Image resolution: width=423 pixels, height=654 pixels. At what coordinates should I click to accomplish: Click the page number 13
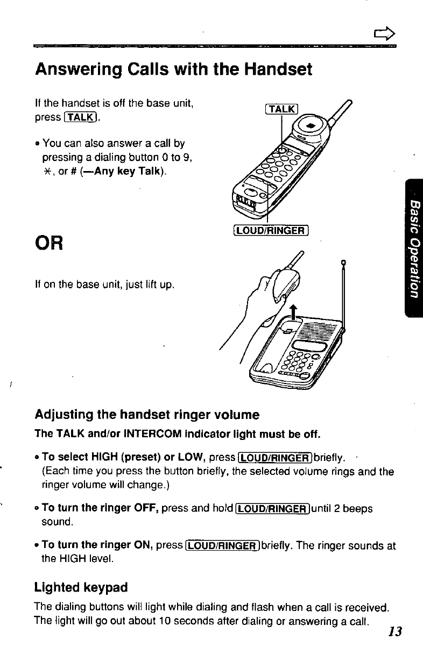tap(395, 631)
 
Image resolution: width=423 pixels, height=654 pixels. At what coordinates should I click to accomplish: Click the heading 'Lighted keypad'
tap(81, 587)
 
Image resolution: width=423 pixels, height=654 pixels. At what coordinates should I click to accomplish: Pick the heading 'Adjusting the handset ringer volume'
tap(147, 415)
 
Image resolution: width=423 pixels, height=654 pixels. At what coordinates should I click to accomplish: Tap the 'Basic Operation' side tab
tap(412, 248)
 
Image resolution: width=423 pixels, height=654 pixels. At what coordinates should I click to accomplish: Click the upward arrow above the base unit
tap(293, 312)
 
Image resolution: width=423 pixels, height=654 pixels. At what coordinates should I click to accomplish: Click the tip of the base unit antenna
tap(343, 263)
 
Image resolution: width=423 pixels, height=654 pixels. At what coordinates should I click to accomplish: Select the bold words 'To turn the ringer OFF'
tap(100, 508)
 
